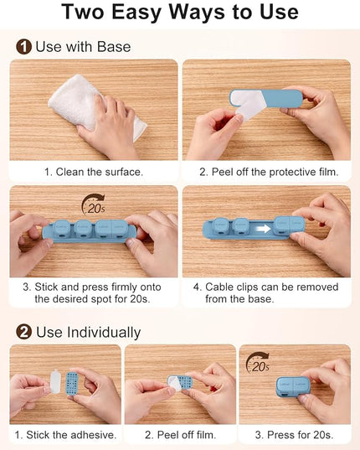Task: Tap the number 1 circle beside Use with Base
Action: pyautogui.click(x=23, y=46)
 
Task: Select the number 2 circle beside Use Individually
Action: pyautogui.click(x=23, y=332)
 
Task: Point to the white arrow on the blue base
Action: pyautogui.click(x=264, y=229)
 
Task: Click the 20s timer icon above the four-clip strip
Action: pyautogui.click(x=94, y=204)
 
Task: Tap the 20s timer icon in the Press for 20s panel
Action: pyautogui.click(x=258, y=363)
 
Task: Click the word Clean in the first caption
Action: pyautogui.click(x=70, y=172)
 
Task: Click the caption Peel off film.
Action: pyautogui.click(x=180, y=435)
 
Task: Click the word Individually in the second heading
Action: pyautogui.click(x=104, y=333)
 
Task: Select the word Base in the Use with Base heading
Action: pyautogui.click(x=114, y=46)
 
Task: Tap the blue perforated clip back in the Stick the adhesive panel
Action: pyautogui.click(x=72, y=384)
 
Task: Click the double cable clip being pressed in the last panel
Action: pyautogui.click(x=293, y=387)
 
